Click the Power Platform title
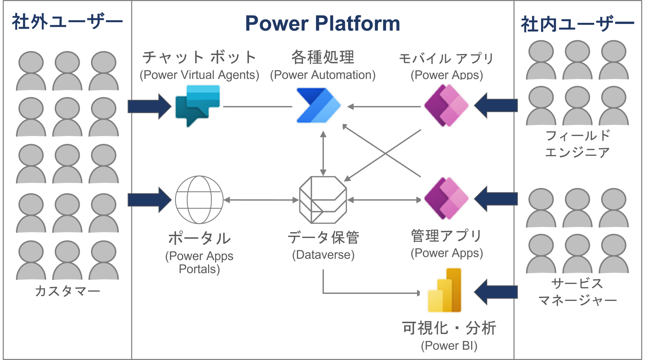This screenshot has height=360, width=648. [322, 23]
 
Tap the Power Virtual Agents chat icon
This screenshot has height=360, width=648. [197, 104]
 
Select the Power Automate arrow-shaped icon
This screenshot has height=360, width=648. [317, 105]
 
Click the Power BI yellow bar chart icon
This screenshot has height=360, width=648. [445, 290]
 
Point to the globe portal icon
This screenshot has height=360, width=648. [199, 200]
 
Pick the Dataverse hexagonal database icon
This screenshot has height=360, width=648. [323, 200]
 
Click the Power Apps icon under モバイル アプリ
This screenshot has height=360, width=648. [446, 105]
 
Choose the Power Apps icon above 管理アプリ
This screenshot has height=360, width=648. [446, 198]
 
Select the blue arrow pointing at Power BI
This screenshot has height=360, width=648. [496, 292]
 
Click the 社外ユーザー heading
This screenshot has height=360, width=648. [67, 22]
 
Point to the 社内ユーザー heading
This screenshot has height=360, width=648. [577, 24]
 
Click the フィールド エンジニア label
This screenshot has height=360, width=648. [577, 144]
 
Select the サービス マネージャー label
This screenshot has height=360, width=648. [577, 292]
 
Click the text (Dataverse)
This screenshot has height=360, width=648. [323, 255]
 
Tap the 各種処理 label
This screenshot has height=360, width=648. [323, 57]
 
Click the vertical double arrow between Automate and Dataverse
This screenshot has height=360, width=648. [323, 153]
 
